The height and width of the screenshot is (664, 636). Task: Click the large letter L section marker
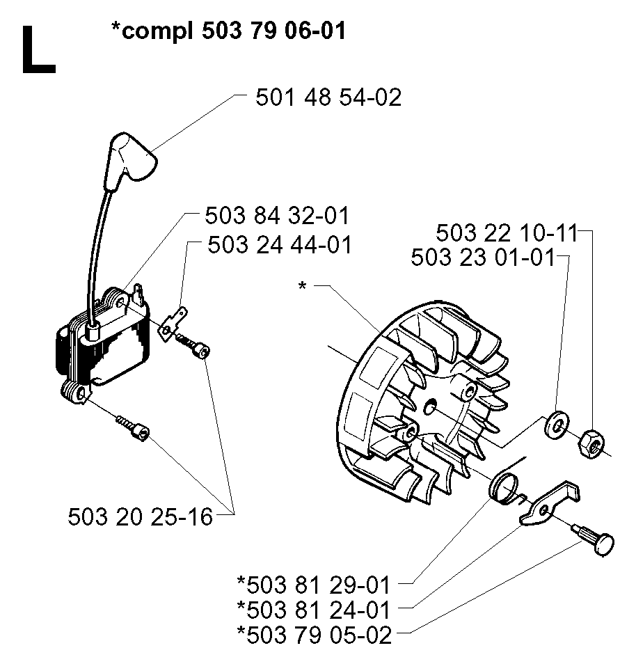pos(38,49)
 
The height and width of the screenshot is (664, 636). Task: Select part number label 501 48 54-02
pos(328,97)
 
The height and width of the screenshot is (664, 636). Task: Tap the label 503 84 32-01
pos(277,216)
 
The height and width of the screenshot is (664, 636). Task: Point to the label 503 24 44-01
pos(280,245)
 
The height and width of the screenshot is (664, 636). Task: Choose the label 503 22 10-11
pos(507,233)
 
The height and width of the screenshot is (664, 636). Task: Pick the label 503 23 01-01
pos(483,258)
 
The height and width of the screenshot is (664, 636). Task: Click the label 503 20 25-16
pos(140,516)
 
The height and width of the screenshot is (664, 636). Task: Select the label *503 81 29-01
pos(313,585)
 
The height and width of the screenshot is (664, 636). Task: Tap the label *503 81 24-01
pos(313,610)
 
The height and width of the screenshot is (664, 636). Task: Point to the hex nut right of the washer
pos(591,443)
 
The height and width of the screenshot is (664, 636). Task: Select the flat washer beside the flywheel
pos(557,425)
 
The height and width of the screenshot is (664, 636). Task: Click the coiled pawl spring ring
pos(504,489)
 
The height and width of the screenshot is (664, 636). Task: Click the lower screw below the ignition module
pos(134,427)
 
